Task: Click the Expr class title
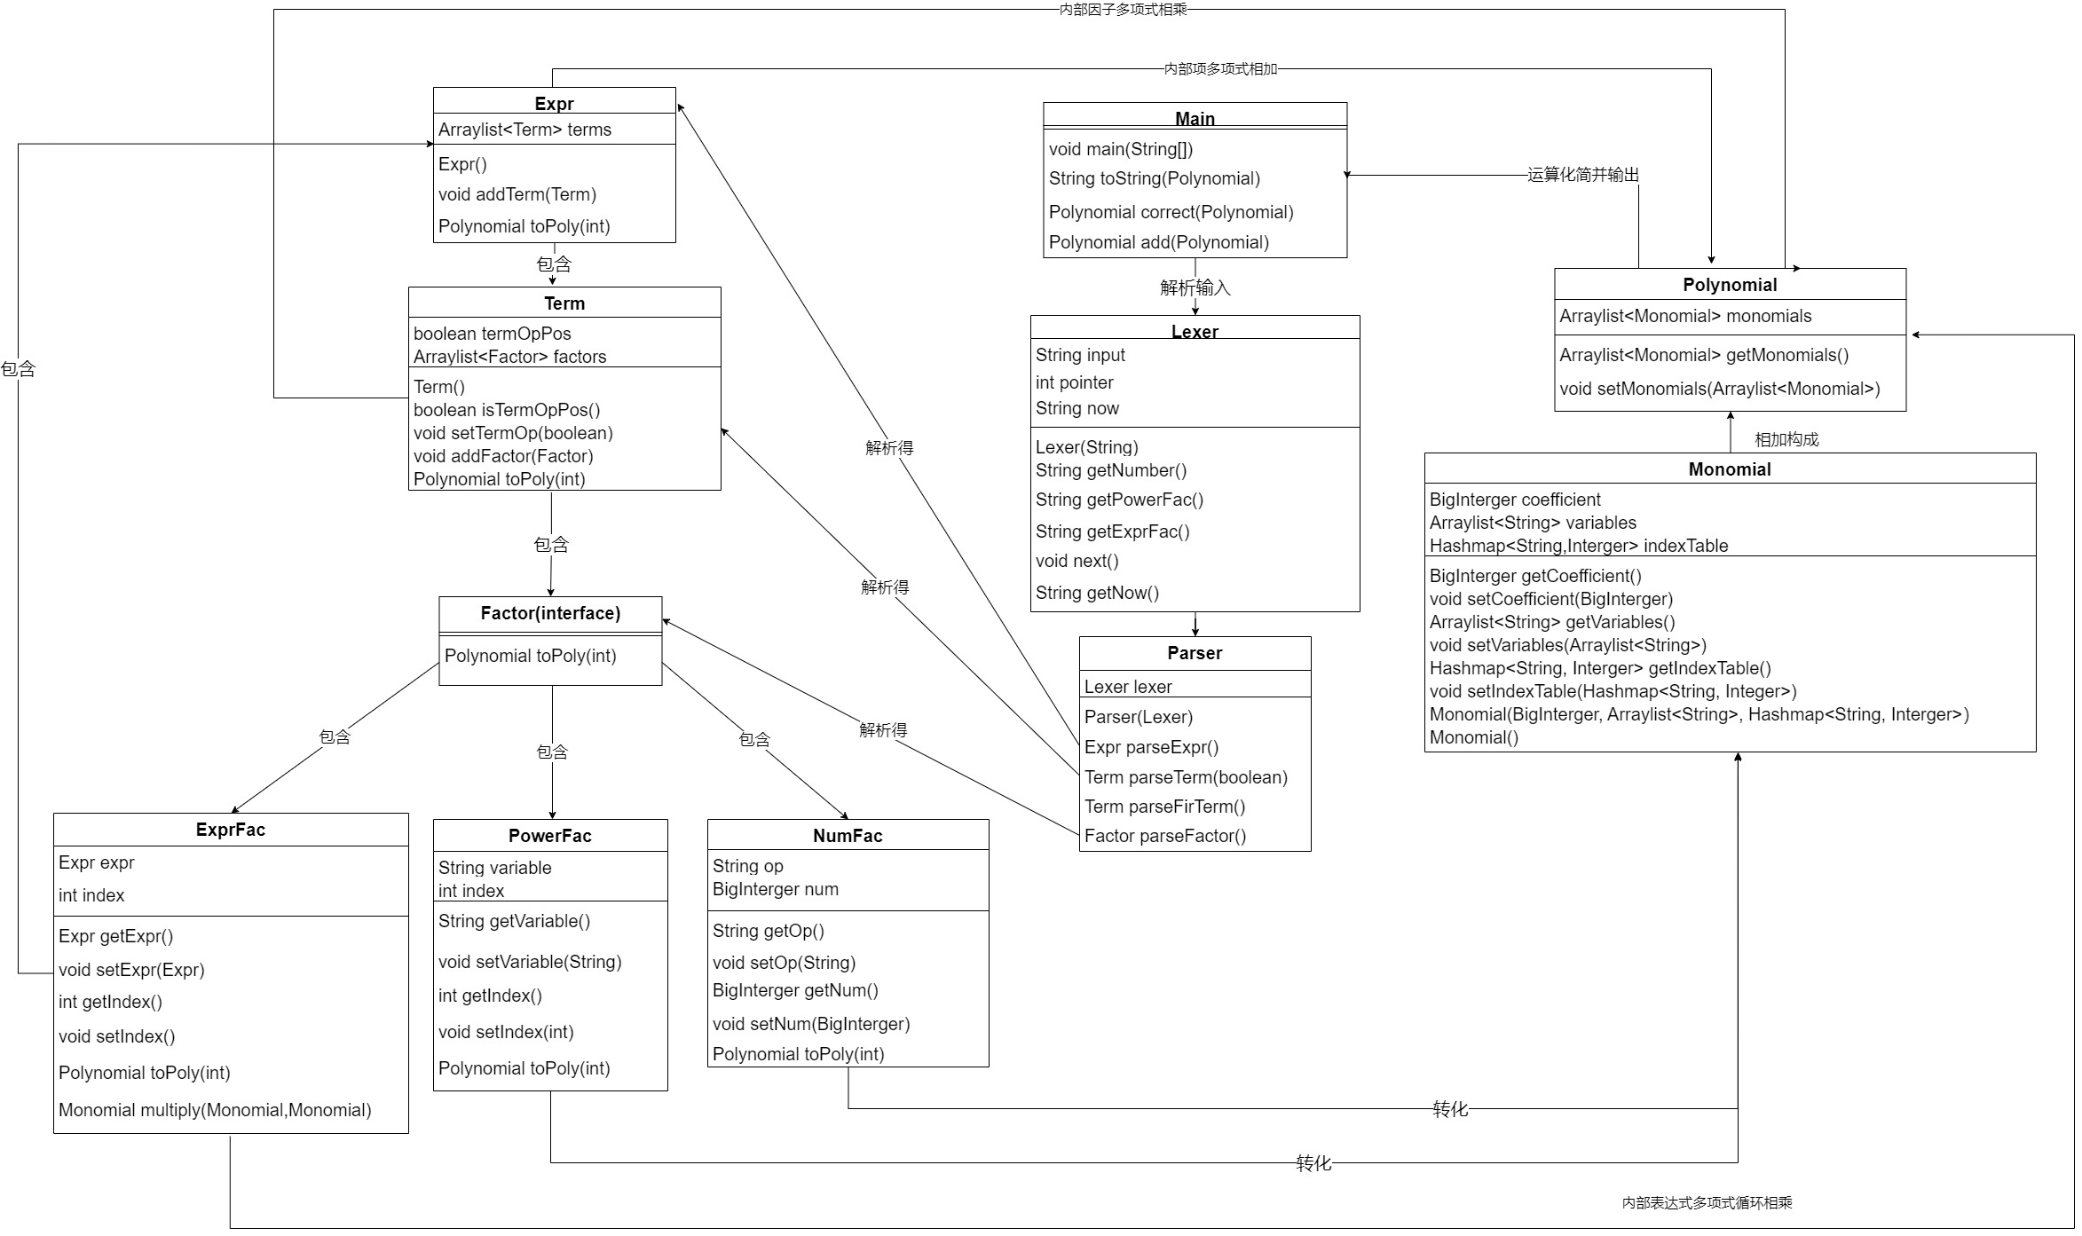[554, 103]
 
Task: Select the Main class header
[1195, 118]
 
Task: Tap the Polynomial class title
[1730, 285]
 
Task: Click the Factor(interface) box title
[550, 613]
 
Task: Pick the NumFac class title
[848, 836]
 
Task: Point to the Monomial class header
[1730, 469]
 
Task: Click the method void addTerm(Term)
[517, 194]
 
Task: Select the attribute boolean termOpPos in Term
[493, 334]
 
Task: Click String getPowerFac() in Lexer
[1119, 500]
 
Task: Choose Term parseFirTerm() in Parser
[1164, 807]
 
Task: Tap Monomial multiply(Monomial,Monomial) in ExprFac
[215, 1110]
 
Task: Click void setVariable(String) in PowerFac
[530, 962]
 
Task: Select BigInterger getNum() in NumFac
[795, 990]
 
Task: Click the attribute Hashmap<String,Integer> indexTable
[1579, 546]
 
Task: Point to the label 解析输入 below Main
[1195, 287]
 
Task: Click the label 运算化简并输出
[1582, 175]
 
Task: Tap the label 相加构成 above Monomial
[1786, 439]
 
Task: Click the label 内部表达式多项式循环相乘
[1707, 1202]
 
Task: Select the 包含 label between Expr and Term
[554, 264]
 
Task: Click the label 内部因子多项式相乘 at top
[1123, 10]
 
